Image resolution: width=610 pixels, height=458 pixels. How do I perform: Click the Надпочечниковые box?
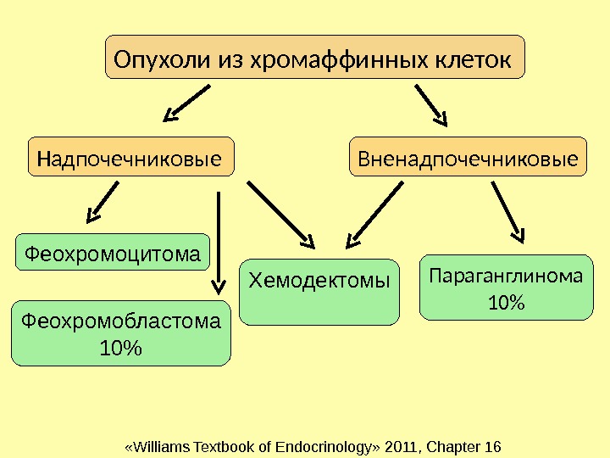pyautogui.click(x=131, y=158)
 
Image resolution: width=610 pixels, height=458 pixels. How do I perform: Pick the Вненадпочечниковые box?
pyautogui.click(x=468, y=158)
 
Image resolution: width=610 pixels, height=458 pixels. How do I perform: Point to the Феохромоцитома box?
pyautogui.click(x=114, y=252)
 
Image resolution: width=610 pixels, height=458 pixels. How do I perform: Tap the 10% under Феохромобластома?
pyautogui.click(x=120, y=348)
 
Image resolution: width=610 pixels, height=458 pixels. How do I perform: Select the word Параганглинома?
pyautogui.click(x=506, y=276)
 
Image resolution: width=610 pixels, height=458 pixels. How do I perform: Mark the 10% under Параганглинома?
pyautogui.click(x=507, y=302)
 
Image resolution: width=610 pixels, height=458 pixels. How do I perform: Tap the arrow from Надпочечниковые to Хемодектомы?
pyautogui.click(x=280, y=212)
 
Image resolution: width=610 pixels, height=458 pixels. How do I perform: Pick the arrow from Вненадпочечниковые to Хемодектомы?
pyautogui.click(x=377, y=212)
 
